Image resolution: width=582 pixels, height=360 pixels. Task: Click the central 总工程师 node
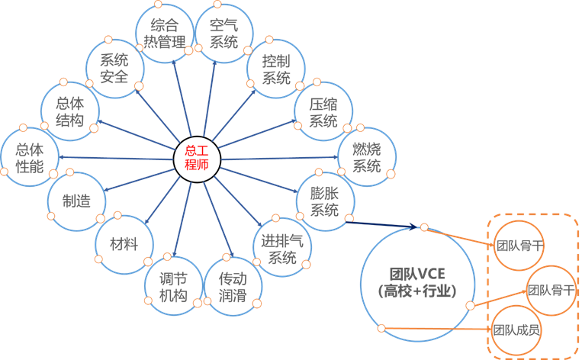[x=197, y=159]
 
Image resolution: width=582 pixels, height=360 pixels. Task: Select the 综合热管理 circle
[x=165, y=33]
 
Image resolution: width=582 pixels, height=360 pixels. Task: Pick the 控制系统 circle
[x=276, y=68]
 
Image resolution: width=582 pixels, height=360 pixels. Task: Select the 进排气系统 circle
[x=281, y=248]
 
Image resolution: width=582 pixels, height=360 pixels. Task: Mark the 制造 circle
[x=75, y=201]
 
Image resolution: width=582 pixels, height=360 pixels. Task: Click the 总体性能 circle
[x=29, y=157]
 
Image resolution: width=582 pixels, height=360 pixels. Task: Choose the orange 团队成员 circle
[x=517, y=330]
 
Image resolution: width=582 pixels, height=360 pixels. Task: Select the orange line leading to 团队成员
[x=435, y=329]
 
